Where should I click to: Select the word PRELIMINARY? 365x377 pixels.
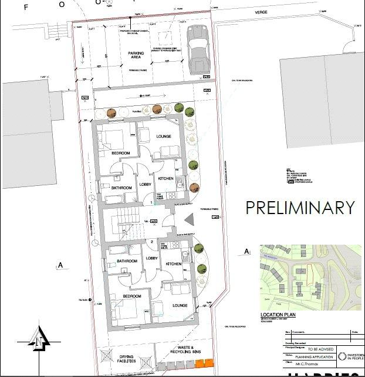(x=300, y=208)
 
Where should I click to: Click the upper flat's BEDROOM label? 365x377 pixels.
(x=120, y=153)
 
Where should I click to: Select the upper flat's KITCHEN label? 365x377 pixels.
(x=165, y=178)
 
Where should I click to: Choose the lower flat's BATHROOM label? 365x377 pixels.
(x=126, y=261)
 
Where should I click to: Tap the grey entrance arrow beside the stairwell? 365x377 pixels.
(x=189, y=219)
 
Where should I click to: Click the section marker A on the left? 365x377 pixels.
(x=60, y=265)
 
